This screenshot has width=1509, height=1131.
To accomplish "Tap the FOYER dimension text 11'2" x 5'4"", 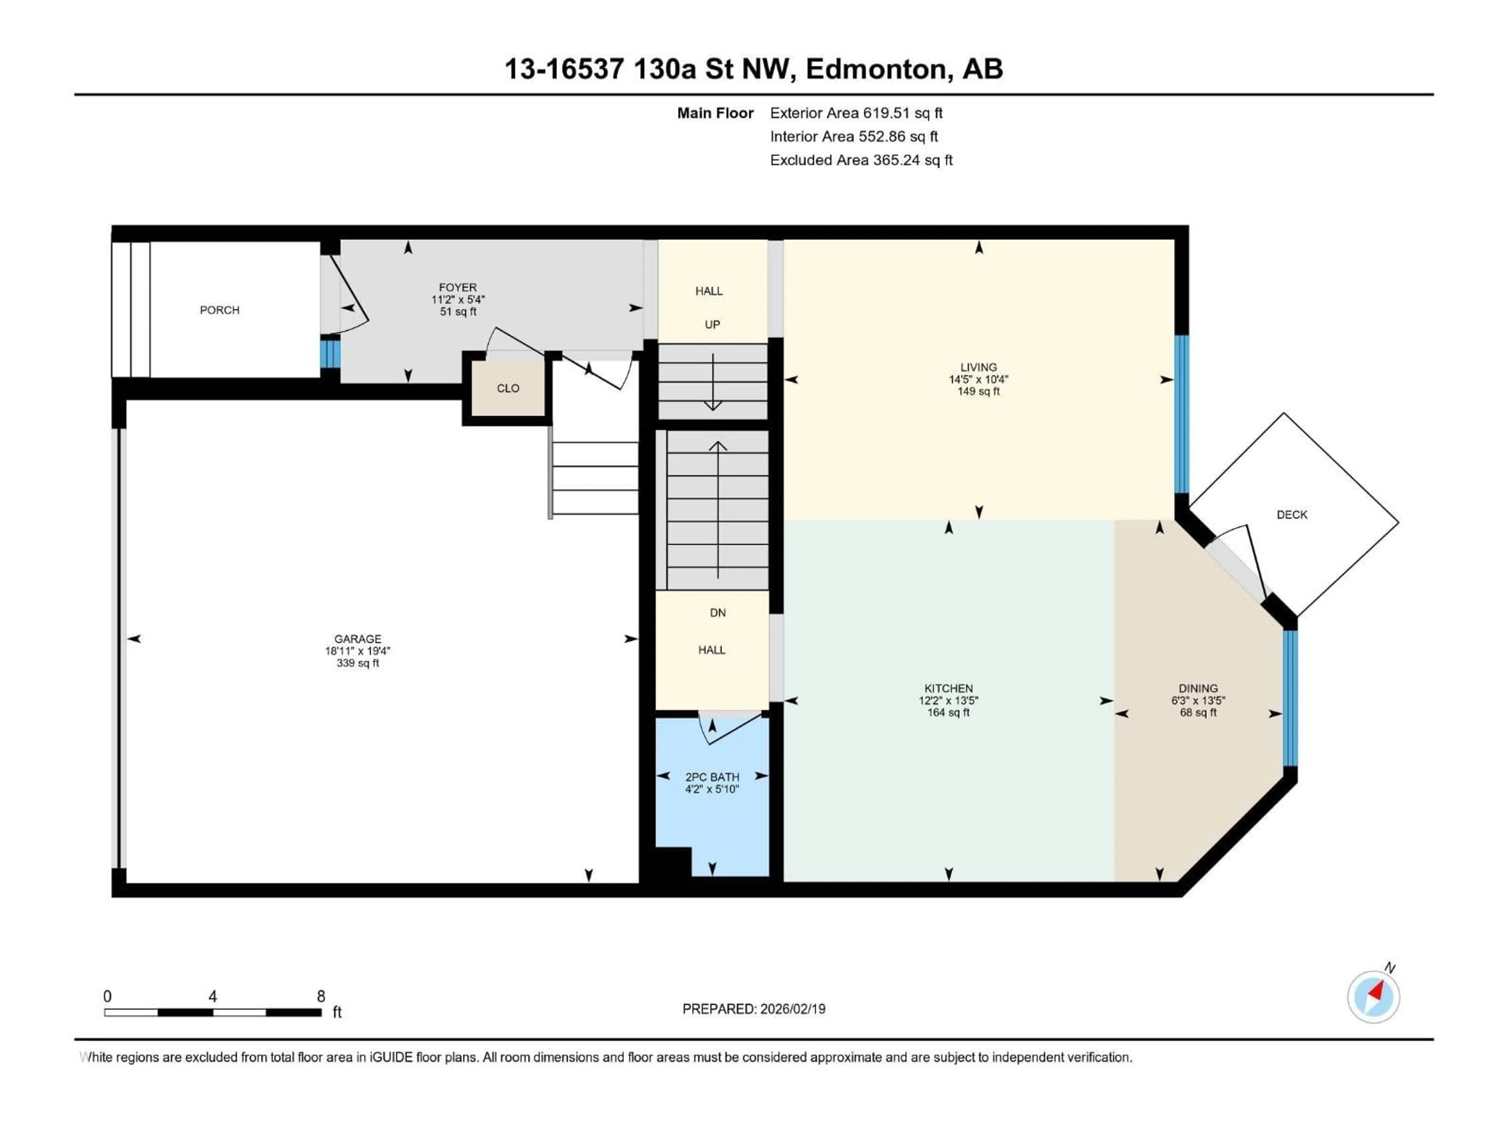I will coord(458,299).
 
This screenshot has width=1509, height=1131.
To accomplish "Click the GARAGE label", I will coord(358,639).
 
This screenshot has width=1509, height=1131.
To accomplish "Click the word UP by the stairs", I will coord(712,324).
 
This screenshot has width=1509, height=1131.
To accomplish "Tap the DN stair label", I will coord(718,613).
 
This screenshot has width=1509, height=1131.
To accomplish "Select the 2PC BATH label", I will coord(712,777).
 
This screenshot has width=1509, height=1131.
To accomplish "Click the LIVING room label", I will coord(978,368).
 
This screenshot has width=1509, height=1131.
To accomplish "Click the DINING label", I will coord(1198,688).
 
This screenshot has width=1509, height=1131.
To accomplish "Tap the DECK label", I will coord(1291,515).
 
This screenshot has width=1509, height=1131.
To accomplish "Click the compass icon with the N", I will coord(1373,997).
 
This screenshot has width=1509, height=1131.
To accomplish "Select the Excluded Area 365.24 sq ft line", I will coord(861,160).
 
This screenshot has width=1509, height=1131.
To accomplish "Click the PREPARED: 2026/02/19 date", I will coord(753,1009).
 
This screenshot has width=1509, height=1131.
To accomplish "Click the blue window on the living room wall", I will coord(1182,414).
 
